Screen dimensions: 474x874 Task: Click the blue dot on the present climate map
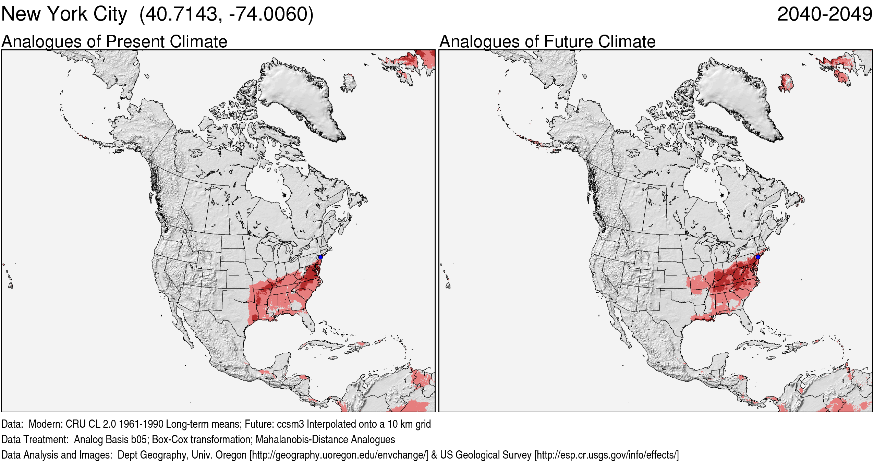[x=320, y=257]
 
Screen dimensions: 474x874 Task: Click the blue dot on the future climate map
[x=758, y=257]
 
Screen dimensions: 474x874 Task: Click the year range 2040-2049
[x=824, y=14]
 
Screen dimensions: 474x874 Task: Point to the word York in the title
[x=67, y=14]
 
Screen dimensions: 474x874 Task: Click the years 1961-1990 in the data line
[x=141, y=424]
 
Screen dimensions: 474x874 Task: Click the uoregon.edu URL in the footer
[x=339, y=455]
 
